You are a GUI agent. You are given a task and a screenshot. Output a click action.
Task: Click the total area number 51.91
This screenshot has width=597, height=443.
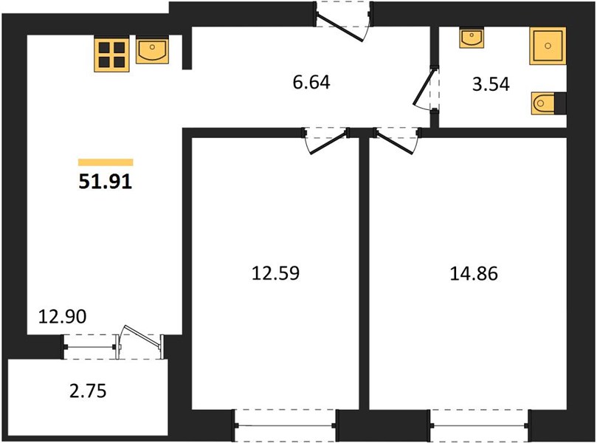coord(105,182)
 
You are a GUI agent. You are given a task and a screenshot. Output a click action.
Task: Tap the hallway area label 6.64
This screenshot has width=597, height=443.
coord(311,82)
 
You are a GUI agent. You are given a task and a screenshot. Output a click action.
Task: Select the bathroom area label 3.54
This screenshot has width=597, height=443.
coord(491,84)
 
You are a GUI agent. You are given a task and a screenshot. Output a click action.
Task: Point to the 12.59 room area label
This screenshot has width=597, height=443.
coord(276,273)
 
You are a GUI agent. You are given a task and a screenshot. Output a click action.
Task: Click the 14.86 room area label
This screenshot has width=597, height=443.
coord(474,273)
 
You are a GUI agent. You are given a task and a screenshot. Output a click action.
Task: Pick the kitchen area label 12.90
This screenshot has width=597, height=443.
coord(63,317)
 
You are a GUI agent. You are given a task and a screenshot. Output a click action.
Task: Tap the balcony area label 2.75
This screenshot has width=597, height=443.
coord(88,391)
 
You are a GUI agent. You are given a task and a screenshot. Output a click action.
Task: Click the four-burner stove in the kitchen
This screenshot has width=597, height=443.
coord(112,55)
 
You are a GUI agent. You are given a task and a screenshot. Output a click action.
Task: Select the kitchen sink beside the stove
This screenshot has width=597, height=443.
coord(152,51)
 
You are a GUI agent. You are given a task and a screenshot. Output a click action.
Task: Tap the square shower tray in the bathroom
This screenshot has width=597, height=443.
coord(548,46)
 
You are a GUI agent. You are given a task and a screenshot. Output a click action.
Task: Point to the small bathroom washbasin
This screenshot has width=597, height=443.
coord(472,38)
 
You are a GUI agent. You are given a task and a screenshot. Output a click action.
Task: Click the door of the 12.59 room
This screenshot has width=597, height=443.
coord(328,142)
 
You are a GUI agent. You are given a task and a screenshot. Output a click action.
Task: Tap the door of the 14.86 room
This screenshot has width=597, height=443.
coord(395,142)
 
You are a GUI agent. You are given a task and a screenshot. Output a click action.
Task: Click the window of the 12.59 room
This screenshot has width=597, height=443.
coord(285,425)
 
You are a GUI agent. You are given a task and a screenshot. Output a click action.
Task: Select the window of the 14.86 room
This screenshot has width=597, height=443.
coord(480,425)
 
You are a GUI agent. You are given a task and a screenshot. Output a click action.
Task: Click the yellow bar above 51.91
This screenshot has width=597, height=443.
coord(106,162)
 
